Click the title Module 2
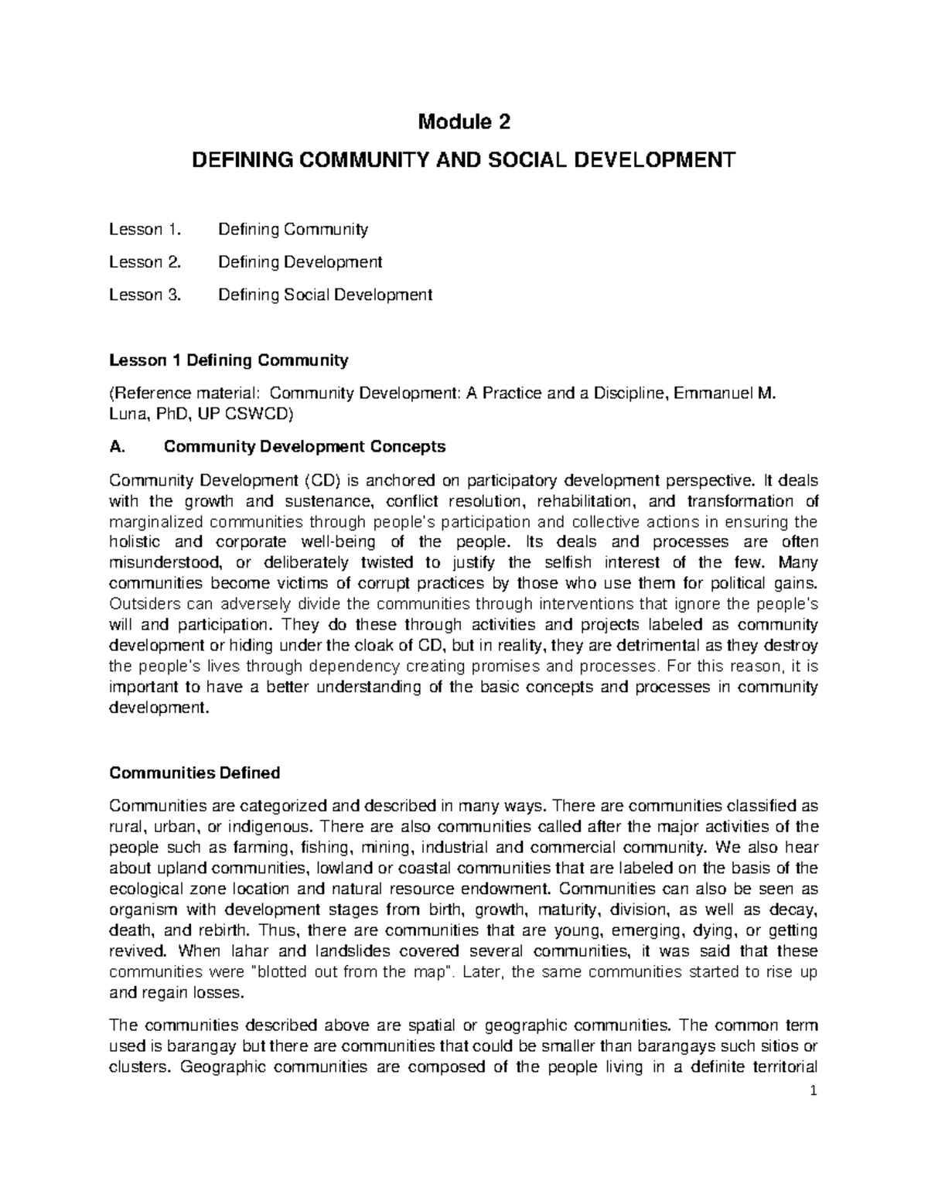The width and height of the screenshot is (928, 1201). point(464,122)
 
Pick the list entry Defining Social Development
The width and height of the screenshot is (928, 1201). point(325,295)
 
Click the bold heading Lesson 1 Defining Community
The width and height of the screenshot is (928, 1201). point(229,360)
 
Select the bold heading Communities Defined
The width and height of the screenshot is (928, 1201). point(195,773)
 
